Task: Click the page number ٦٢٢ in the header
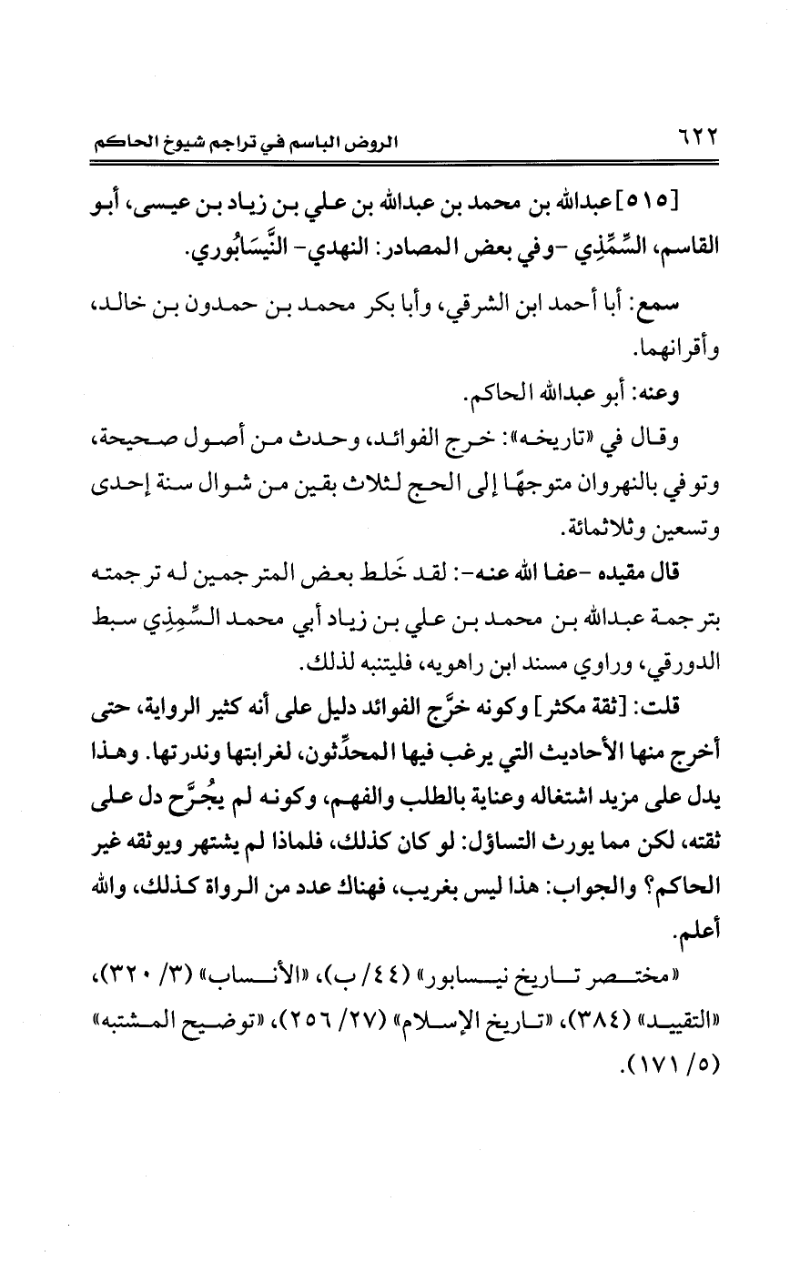(x=692, y=141)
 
